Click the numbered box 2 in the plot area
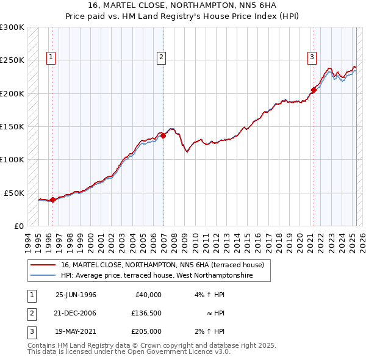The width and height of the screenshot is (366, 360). pyautogui.click(x=162, y=58)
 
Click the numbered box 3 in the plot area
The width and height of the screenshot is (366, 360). pyautogui.click(x=312, y=58)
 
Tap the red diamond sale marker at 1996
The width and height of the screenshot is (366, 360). pyautogui.click(x=53, y=199)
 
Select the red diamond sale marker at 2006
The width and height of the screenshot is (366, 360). pyautogui.click(x=163, y=135)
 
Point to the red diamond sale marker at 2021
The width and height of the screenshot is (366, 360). pyautogui.click(x=314, y=90)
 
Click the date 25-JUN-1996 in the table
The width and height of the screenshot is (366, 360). pyautogui.click(x=76, y=295)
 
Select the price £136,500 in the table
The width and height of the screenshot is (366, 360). pyautogui.click(x=146, y=313)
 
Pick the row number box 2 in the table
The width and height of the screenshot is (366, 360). pyautogui.click(x=30, y=313)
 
